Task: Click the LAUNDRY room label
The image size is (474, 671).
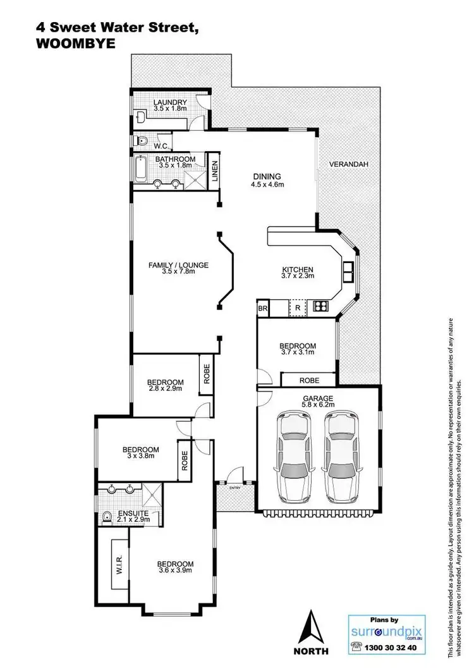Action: tap(169, 102)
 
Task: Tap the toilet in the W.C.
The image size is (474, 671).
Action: tap(142, 141)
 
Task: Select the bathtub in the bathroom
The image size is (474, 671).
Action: tap(140, 169)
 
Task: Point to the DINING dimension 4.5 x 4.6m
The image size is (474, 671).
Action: tap(267, 185)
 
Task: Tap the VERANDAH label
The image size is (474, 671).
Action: tap(348, 164)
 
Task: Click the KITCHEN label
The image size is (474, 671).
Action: tap(297, 269)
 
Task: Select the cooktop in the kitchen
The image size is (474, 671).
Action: tap(320, 308)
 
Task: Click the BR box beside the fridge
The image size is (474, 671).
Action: tap(263, 309)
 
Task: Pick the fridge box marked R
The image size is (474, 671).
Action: tap(297, 309)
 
